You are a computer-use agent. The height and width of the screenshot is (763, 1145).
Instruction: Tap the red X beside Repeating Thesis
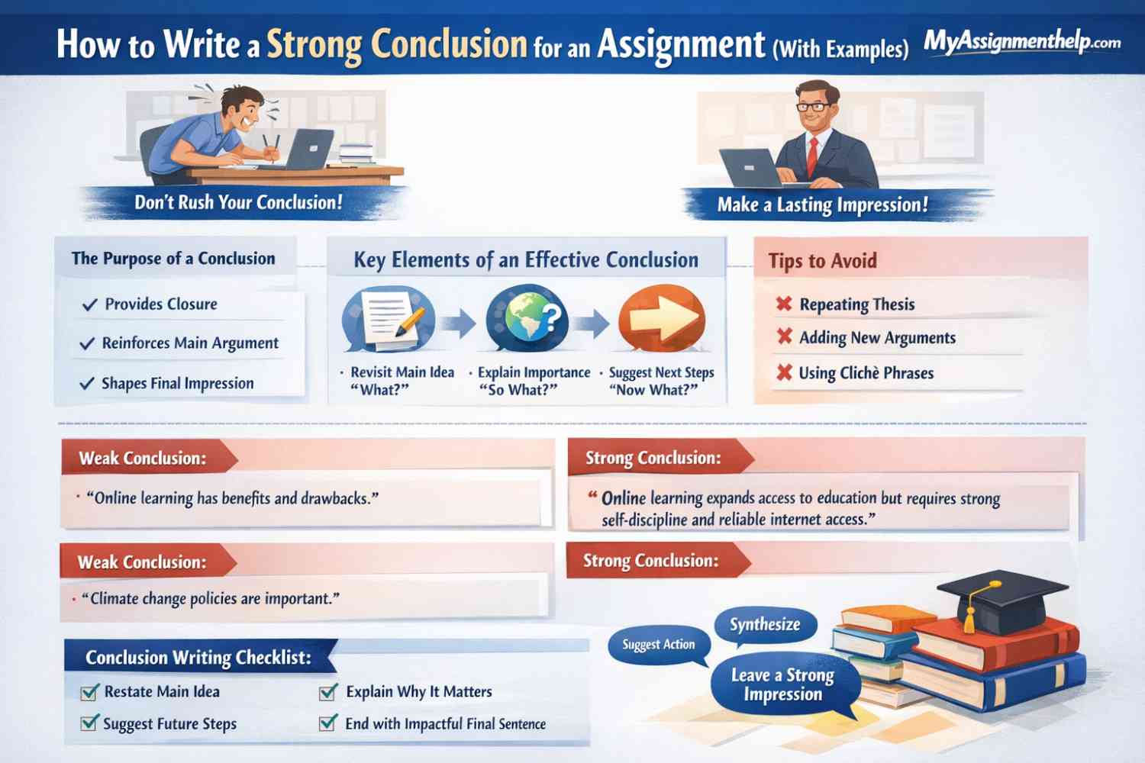click(x=783, y=304)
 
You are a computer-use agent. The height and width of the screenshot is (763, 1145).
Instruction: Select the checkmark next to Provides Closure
click(x=90, y=304)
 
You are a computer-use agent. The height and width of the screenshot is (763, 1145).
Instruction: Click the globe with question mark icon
click(x=527, y=318)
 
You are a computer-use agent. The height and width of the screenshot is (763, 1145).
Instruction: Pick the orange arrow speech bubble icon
click(x=661, y=319)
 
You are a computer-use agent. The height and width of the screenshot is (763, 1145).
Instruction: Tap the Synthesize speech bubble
click(x=765, y=625)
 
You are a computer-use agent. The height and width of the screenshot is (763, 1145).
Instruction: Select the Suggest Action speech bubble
click(x=658, y=645)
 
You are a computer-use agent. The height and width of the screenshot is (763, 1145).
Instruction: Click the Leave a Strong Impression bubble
click(x=782, y=684)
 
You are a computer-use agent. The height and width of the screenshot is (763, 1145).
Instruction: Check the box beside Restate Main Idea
click(x=89, y=692)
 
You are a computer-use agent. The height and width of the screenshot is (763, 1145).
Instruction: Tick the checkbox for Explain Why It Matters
click(x=328, y=692)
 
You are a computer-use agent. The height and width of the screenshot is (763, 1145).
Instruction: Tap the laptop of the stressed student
click(x=308, y=149)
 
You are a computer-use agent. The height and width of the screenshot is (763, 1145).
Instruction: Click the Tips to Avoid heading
click(x=822, y=261)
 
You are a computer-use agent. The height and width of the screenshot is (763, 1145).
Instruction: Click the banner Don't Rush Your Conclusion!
click(x=238, y=202)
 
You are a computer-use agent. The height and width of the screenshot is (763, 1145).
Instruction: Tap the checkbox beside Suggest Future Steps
click(x=89, y=723)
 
